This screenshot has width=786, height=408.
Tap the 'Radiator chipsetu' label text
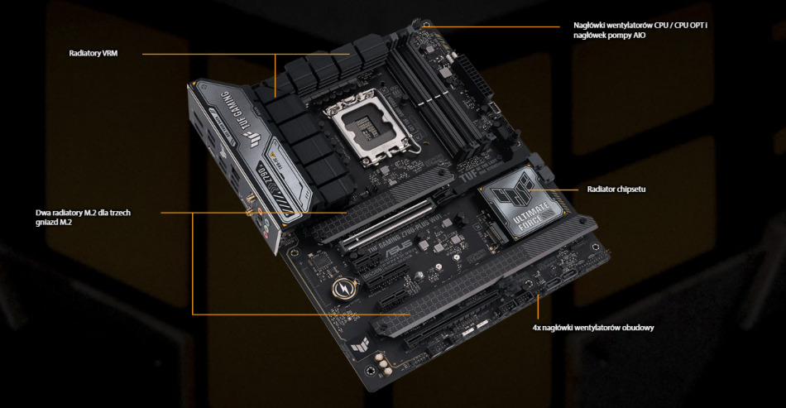pos(616,190)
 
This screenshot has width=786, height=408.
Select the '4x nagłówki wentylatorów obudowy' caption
pos(593,328)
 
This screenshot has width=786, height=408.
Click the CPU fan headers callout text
pos(640,31)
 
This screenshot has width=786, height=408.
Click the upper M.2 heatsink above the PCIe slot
pos(347,218)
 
